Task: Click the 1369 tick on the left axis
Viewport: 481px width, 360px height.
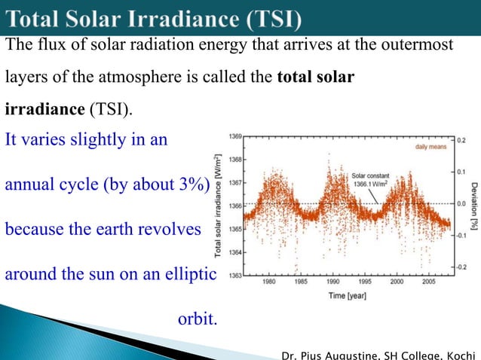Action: pos(236,136)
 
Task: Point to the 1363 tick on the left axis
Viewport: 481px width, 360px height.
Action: pos(236,276)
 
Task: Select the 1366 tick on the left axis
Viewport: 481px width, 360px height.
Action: pos(236,206)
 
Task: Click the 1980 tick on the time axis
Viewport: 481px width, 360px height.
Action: pos(268,284)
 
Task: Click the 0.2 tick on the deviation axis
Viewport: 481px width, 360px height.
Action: pos(460,140)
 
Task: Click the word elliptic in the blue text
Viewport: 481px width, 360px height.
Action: pos(188,274)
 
